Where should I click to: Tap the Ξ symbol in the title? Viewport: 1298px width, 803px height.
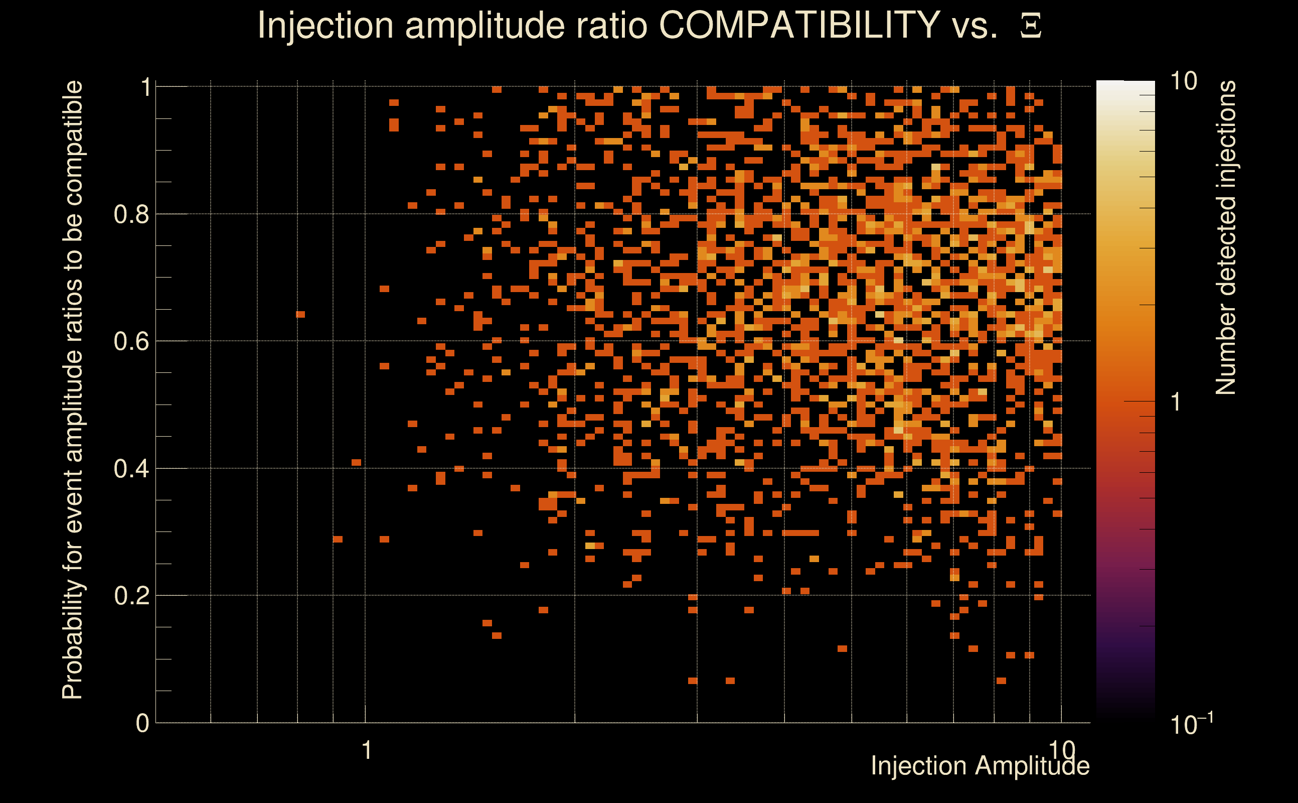tap(1031, 26)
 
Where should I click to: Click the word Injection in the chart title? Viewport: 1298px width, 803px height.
tap(326, 25)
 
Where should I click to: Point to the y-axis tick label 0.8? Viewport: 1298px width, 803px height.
tap(131, 215)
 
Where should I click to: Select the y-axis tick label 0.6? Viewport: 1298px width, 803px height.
tap(131, 341)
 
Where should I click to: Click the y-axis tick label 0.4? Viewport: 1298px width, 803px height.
tap(131, 469)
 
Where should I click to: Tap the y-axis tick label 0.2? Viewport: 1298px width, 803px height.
tap(131, 596)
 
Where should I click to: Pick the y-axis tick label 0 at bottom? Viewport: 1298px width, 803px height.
tap(142, 723)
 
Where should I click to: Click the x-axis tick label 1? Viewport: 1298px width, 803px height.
tap(366, 750)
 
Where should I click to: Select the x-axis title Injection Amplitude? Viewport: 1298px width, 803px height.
tap(980, 766)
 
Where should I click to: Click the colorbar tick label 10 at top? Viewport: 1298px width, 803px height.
tap(1183, 81)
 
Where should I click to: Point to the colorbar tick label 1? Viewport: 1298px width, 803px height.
tap(1176, 402)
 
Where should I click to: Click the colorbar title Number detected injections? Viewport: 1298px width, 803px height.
tap(1226, 237)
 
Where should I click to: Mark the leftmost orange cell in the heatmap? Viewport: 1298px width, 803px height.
tap(300, 314)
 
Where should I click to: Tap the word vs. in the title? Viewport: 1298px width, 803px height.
tap(975, 25)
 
